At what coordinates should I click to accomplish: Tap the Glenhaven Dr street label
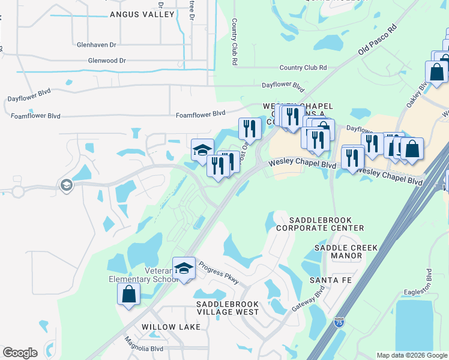(x=97, y=44)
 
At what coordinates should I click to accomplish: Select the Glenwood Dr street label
(x=107, y=61)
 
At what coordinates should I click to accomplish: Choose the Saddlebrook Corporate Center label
(x=320, y=224)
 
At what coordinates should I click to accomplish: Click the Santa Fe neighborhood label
(x=330, y=280)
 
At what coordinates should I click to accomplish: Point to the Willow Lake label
(x=166, y=327)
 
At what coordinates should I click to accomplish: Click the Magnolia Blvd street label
(x=144, y=348)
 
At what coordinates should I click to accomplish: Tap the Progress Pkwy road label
(x=218, y=274)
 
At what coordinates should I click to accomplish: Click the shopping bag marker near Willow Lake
(x=128, y=294)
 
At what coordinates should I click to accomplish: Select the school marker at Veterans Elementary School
(x=184, y=267)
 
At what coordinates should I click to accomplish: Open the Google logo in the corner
(x=20, y=353)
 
